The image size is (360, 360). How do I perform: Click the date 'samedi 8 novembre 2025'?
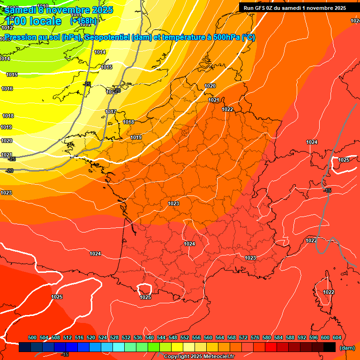coord(59,10)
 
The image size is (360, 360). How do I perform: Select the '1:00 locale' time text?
coord(34,21)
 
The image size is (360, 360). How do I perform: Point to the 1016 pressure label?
coord(7,89)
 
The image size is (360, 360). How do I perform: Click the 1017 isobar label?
coord(111,112)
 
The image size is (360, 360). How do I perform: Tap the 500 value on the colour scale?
coord(32,337)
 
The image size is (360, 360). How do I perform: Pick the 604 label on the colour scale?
coord(337,337)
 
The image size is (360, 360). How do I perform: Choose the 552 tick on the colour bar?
coord(185,337)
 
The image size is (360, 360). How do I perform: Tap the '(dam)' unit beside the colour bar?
coord(347,348)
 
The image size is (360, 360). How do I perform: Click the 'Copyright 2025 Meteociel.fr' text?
coord(199,357)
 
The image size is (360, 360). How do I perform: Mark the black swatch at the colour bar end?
coord(330,347)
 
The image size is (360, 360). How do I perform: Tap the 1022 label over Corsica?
coord(329,292)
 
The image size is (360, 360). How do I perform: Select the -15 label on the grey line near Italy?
coord(327,190)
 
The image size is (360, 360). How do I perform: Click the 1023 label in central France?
coord(173,203)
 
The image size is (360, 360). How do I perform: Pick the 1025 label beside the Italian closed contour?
coord(344,160)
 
